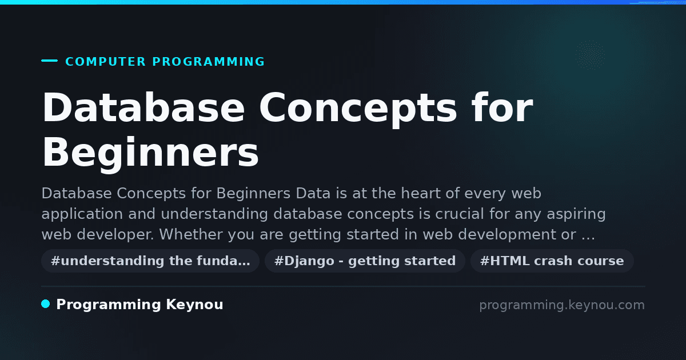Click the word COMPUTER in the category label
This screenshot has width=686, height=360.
click(x=105, y=62)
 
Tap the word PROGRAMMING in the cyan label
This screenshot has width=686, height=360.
click(x=208, y=62)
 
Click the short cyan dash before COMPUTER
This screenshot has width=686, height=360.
click(x=49, y=61)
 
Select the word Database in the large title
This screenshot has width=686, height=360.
click(x=143, y=108)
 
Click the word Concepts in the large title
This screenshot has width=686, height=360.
click(x=358, y=109)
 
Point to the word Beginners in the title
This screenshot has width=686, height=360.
click(x=150, y=153)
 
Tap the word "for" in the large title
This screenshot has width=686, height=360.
click(x=502, y=107)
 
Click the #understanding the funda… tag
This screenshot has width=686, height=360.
click(x=150, y=261)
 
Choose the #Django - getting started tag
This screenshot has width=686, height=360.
click(x=365, y=261)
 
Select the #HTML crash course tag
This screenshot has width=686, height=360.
click(x=552, y=261)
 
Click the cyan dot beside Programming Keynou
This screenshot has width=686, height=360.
click(x=46, y=304)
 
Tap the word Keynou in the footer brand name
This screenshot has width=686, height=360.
click(x=194, y=305)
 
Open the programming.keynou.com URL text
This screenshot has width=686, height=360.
click(x=562, y=305)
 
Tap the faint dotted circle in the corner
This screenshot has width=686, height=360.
click(x=590, y=55)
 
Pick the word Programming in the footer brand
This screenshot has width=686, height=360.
click(x=109, y=305)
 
